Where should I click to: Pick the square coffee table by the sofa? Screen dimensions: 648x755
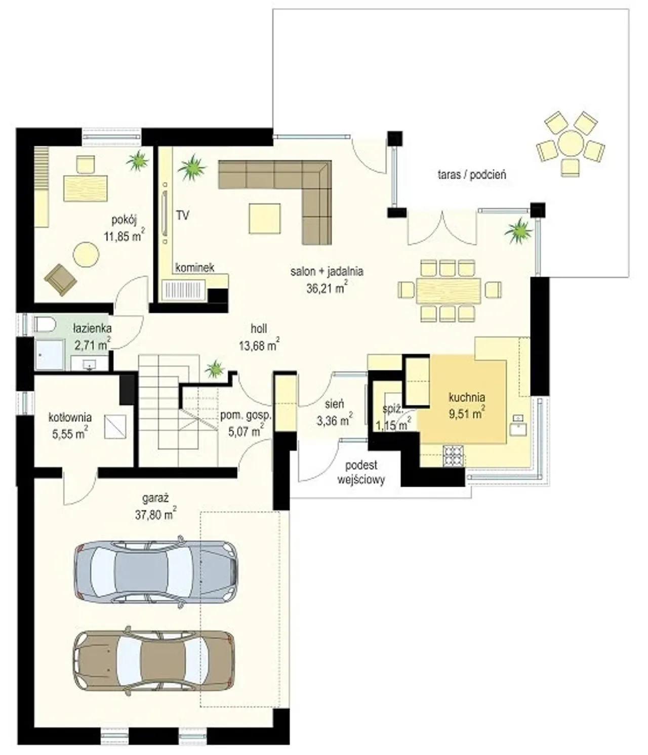click(265, 219)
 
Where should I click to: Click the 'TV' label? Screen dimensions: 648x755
click(183, 216)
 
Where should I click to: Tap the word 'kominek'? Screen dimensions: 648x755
click(194, 267)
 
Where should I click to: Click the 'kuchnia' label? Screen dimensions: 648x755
click(467, 397)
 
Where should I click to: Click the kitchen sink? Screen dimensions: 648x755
click(518, 426)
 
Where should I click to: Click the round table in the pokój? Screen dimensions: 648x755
click(86, 255)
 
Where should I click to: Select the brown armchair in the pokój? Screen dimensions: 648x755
click(60, 279)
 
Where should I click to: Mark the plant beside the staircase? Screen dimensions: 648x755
click(214, 369)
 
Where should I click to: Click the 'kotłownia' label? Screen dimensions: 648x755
click(70, 417)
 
